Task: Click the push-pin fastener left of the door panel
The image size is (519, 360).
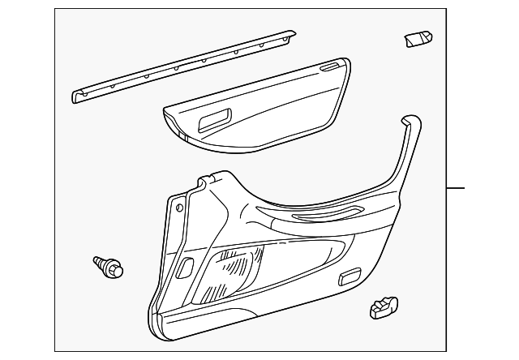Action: pyautogui.click(x=108, y=267)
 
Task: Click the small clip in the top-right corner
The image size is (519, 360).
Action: pyautogui.click(x=418, y=39)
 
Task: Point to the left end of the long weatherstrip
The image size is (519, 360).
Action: pyautogui.click(x=77, y=96)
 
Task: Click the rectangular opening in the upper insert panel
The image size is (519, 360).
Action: pyautogui.click(x=215, y=121)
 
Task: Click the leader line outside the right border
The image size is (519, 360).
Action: pyautogui.click(x=457, y=188)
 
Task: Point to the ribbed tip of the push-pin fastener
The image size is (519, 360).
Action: pyautogui.click(x=98, y=262)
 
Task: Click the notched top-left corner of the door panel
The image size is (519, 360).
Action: pyautogui.click(x=199, y=182)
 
